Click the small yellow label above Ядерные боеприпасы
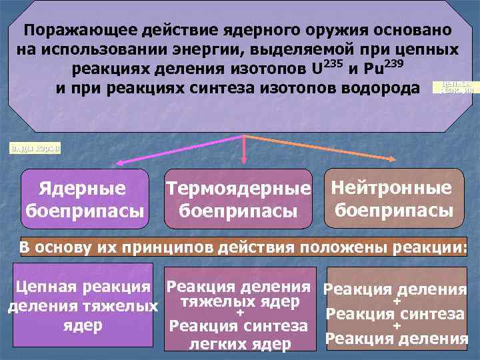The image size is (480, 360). coord(34,147)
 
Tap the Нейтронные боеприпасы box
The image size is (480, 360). coord(391,198)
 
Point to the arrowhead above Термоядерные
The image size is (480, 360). coord(244,159)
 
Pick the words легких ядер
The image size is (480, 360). coord(240,344)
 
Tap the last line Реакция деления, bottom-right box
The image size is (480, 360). coord(396,339)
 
